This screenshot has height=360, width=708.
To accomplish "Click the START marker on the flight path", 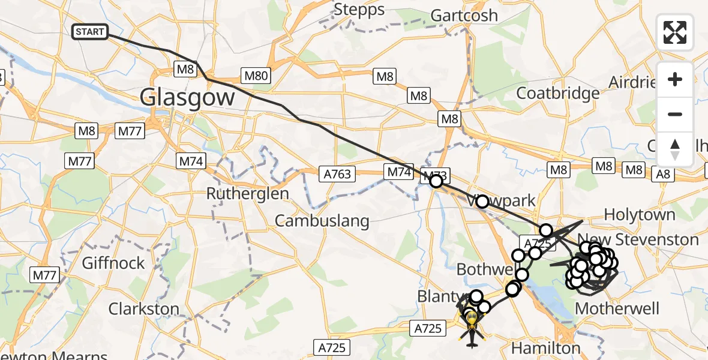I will tap(90, 32).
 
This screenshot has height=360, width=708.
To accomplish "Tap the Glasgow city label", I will tap(187, 97).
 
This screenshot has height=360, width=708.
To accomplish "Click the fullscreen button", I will tap(675, 32).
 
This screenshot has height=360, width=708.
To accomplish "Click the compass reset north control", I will tap(675, 149).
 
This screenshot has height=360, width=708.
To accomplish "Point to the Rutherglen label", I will tap(247, 194).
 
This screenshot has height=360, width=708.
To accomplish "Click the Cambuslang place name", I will tap(322, 221).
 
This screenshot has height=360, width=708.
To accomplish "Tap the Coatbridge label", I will tap(557, 93).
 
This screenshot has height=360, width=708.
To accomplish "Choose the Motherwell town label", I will tap(617, 309).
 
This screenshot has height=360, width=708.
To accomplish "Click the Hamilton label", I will tap(545, 348).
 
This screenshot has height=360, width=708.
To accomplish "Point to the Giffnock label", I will tap(113, 263).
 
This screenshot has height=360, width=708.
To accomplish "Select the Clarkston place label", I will tap(143, 310).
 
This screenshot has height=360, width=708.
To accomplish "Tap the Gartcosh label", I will tap(464, 15).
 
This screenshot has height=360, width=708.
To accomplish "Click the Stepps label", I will tap(359, 10).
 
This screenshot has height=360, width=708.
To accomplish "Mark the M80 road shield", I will tap(256, 76).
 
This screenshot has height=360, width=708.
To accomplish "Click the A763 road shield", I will tap(338, 174).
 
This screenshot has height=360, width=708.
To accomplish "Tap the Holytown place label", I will tap(639, 214).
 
